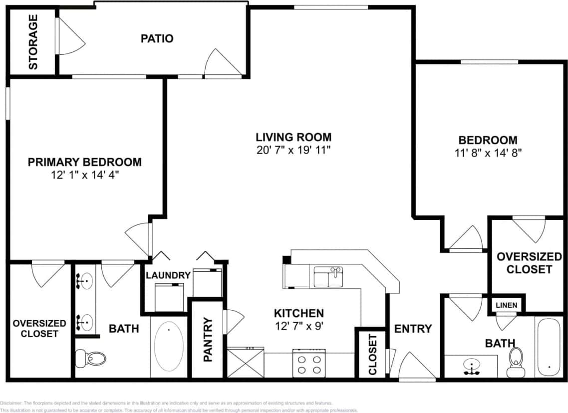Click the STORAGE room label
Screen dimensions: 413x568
click(x=33, y=42)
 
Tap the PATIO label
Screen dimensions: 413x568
click(x=157, y=38)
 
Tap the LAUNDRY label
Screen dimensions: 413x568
click(x=168, y=275)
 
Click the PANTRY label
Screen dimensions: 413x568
click(x=208, y=340)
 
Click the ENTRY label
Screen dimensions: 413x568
click(x=413, y=329)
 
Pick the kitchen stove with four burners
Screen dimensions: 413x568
click(x=308, y=364)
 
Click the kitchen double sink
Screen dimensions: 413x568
click(x=328, y=277)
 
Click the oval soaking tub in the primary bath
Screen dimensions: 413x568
click(x=169, y=346)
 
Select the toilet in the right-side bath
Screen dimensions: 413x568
click(x=515, y=362)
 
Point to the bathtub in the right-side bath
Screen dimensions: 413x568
click(x=549, y=346)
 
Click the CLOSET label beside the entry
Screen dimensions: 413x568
click(x=372, y=355)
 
